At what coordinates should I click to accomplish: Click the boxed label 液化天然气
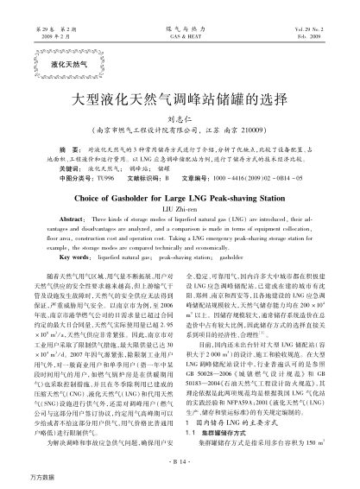(62, 64)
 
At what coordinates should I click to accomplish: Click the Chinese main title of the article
(180, 100)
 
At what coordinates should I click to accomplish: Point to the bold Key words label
(71, 257)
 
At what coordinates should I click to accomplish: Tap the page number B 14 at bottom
(180, 462)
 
